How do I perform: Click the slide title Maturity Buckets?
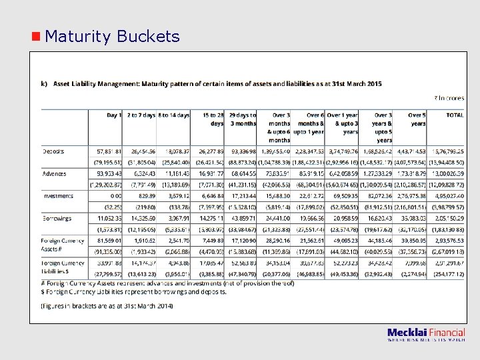pyautogui.click(x=113, y=36)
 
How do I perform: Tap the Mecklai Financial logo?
pyautogui.click(x=426, y=335)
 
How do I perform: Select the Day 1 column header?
pyautogui.click(x=114, y=115)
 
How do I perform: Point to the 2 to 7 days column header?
pyautogui.click(x=140, y=115)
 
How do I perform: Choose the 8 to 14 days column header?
pyautogui.click(x=173, y=115)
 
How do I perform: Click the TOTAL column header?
pyautogui.click(x=455, y=115)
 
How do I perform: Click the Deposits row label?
pyautogui.click(x=53, y=151)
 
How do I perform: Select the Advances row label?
pyautogui.click(x=55, y=173)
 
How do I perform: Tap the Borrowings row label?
pyautogui.click(x=57, y=218)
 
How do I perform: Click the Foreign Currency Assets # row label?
pyautogui.click(x=63, y=244)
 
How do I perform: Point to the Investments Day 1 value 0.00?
pyautogui.click(x=113, y=196)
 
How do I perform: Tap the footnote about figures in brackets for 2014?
pyautogui.click(x=107, y=305)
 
